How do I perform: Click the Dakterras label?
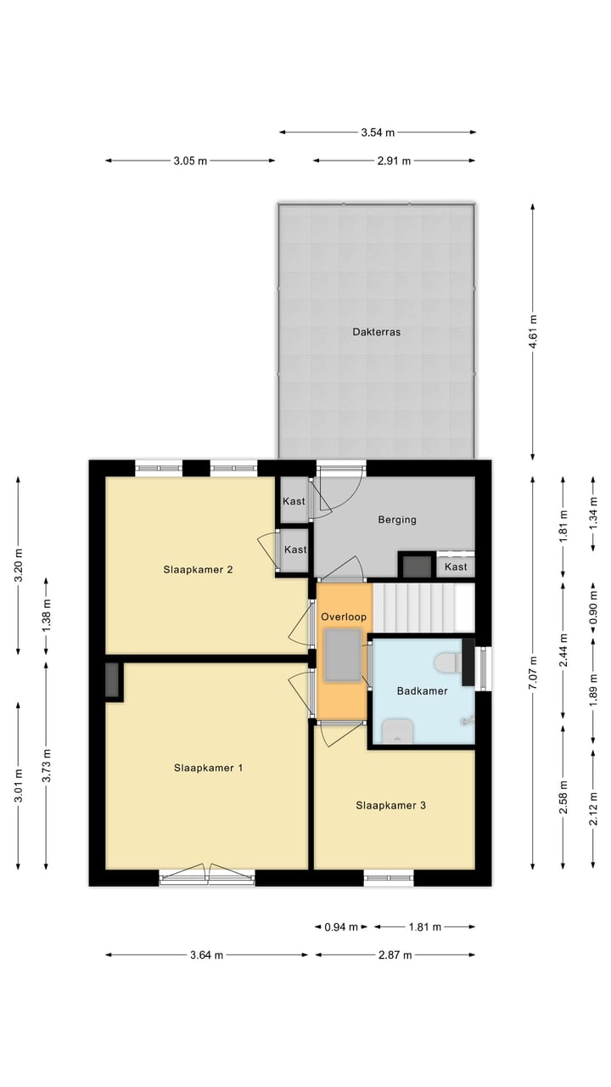pyautogui.click(x=376, y=332)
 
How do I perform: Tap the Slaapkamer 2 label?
pyautogui.click(x=199, y=570)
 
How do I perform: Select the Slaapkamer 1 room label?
pyautogui.click(x=209, y=768)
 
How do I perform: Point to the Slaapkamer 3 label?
pyautogui.click(x=391, y=805)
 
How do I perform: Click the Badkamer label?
pyautogui.click(x=422, y=690)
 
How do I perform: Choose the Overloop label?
pyautogui.click(x=344, y=617)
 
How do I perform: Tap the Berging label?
pyautogui.click(x=397, y=520)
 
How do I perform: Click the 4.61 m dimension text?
pyautogui.click(x=533, y=331)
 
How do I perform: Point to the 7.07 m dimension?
pyautogui.click(x=533, y=673)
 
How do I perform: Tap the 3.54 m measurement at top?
pyautogui.click(x=378, y=132)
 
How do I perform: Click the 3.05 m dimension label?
pyautogui.click(x=190, y=161)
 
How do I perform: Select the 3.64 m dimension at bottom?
pyautogui.click(x=206, y=955)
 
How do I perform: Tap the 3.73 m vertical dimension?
pyautogui.click(x=47, y=765)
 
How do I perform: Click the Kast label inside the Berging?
pyautogui.click(x=456, y=566)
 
